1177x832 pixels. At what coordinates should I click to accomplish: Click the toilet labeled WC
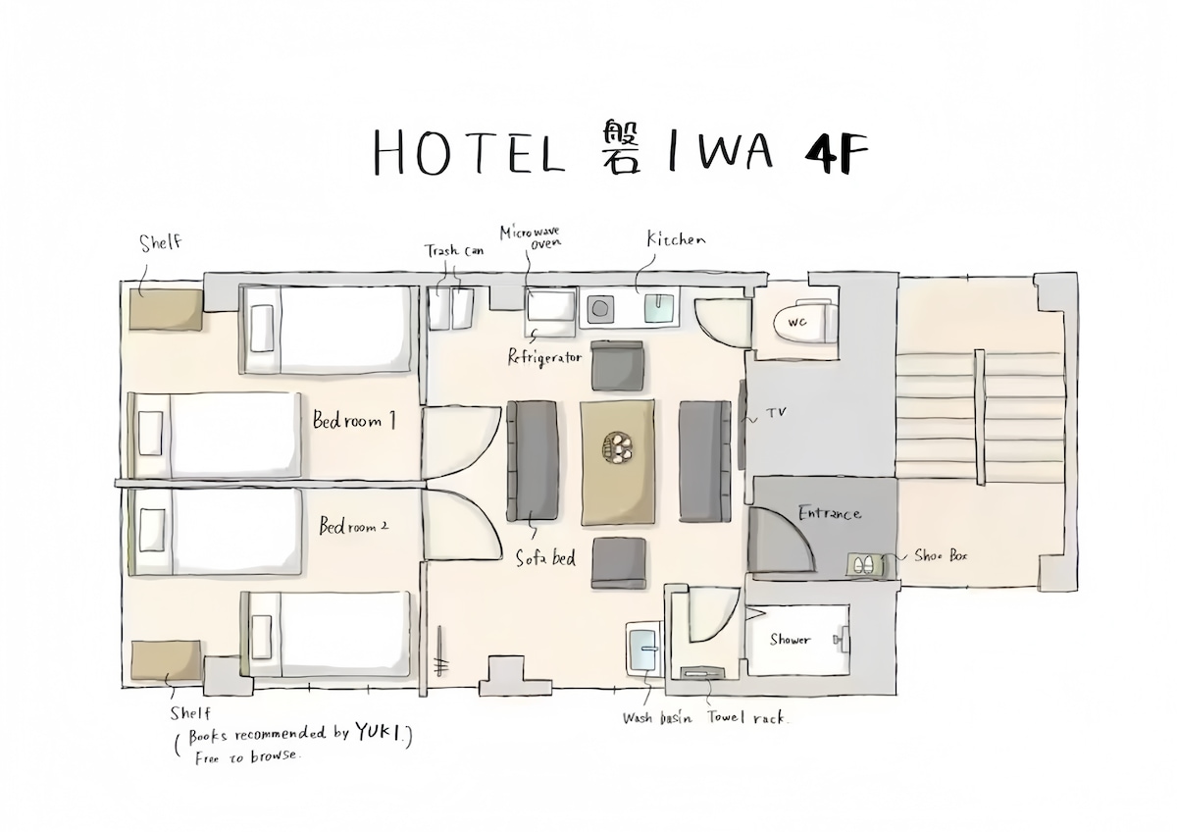tap(805, 323)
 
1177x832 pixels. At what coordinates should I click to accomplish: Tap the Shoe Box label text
tap(941, 555)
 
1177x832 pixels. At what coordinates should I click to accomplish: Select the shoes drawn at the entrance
tap(863, 565)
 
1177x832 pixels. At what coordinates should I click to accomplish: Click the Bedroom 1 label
tap(354, 420)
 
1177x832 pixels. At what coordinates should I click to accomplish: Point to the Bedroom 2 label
tap(354, 526)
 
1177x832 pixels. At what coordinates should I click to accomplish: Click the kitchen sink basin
tap(659, 308)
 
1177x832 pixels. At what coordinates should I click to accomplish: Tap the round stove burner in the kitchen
tap(600, 308)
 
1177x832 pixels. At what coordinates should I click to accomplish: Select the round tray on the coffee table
tap(618, 447)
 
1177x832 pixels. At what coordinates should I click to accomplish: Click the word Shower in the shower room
tap(791, 640)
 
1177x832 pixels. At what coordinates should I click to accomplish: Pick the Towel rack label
tap(747, 717)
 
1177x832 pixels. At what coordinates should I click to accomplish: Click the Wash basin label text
tap(657, 718)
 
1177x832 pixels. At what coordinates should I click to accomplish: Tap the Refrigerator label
tap(545, 358)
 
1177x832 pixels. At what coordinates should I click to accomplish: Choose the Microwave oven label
tap(531, 236)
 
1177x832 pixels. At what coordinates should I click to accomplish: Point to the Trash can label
tap(454, 251)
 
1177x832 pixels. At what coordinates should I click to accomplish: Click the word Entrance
tap(830, 512)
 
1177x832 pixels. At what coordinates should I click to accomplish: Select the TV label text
tap(776, 413)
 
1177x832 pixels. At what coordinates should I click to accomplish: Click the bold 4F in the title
tap(836, 152)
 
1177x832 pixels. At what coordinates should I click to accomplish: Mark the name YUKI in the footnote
tap(378, 732)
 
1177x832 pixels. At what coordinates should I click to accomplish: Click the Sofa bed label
tap(545, 558)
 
